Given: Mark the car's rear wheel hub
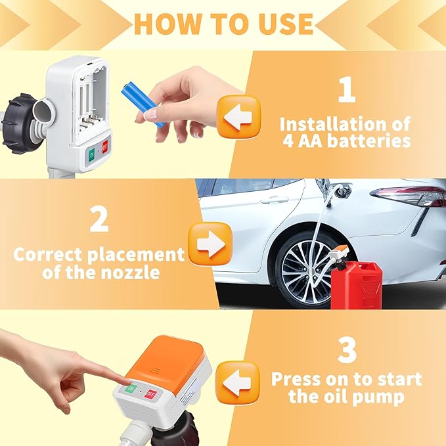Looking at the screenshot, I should click(306, 269).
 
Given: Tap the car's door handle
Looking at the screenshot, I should click(274, 199).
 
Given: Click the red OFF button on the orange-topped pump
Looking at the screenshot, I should click(150, 395).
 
